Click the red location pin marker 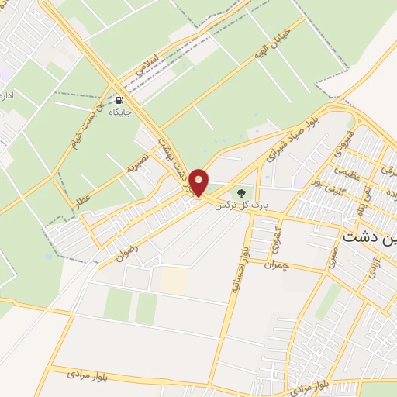click(x=199, y=182)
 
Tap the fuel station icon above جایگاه click(x=119, y=100)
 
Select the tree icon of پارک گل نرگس click(x=240, y=192)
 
